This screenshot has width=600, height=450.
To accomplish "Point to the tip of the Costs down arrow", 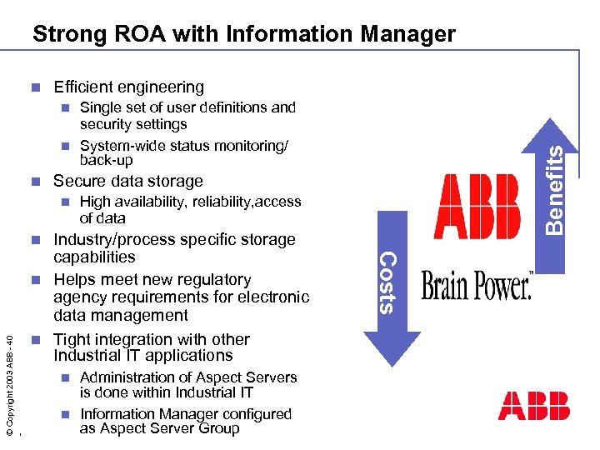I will pos(388,364).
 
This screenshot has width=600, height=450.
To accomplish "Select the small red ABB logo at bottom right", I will pos(533,405).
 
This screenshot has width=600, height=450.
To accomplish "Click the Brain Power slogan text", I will pos(477,287).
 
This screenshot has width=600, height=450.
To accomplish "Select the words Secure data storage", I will pos(127,181).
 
